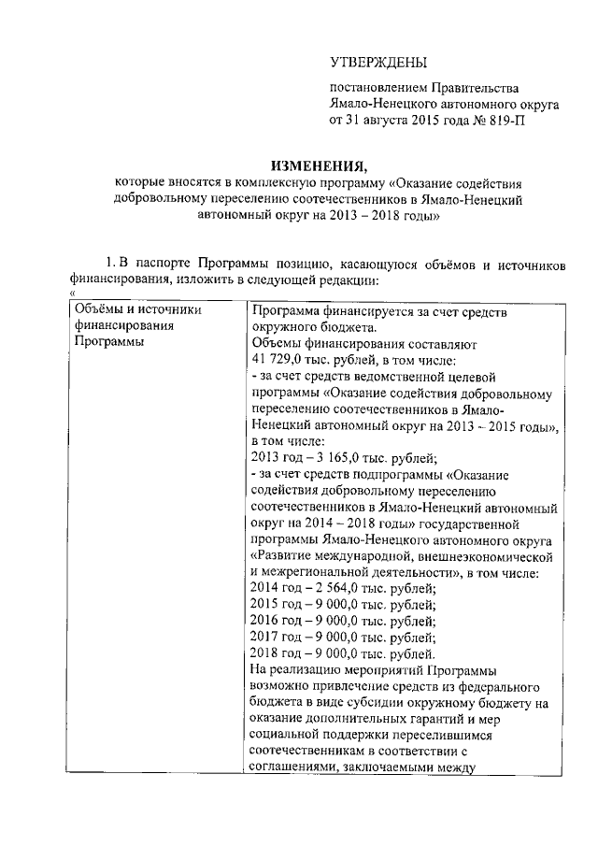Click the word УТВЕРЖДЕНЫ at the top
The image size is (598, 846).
tap(377, 62)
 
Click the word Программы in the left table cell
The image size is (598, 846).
tap(106, 343)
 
